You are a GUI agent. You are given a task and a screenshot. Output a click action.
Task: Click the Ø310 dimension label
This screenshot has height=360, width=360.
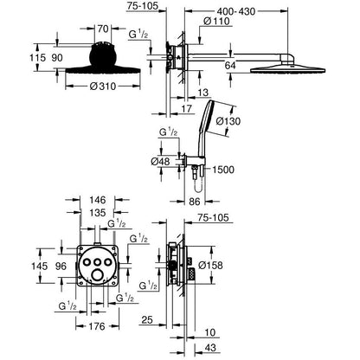(x=103, y=86)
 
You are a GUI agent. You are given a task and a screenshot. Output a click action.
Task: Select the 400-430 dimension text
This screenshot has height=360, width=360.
(x=236, y=11)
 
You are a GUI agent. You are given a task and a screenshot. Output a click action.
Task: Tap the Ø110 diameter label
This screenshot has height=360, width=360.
(x=216, y=22)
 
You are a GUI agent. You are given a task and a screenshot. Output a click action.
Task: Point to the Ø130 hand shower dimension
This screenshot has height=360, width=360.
(x=228, y=121)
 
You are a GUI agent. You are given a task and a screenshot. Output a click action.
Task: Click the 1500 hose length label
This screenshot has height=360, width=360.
(x=223, y=170)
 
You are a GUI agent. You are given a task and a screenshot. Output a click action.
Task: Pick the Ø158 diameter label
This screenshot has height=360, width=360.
(x=211, y=265)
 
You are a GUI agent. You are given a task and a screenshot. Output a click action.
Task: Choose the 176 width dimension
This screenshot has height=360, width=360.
(x=97, y=326)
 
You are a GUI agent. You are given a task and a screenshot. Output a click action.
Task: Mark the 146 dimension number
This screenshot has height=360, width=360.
(x=98, y=200)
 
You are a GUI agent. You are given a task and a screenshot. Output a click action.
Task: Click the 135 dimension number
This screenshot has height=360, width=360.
(x=98, y=213)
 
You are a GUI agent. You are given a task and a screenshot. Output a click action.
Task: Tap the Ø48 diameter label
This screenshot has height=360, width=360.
(x=160, y=162)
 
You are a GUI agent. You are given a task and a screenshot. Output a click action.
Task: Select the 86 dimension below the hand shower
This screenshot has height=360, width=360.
(x=195, y=202)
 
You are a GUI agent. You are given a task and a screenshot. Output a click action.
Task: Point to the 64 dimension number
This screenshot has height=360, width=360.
(x=230, y=66)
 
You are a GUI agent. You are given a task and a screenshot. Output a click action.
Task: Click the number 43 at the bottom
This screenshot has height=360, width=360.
(x=210, y=348)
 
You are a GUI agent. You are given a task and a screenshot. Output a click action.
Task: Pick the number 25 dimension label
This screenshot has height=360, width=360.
(x=147, y=319)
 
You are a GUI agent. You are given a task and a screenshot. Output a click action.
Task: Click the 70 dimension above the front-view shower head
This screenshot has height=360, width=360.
(x=103, y=29)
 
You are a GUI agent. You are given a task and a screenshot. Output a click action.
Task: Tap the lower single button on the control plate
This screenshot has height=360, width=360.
(x=98, y=274)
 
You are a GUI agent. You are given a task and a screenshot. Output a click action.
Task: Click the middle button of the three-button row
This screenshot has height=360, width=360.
(x=98, y=261)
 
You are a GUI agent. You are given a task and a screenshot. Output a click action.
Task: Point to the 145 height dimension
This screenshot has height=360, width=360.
(x=39, y=266)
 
